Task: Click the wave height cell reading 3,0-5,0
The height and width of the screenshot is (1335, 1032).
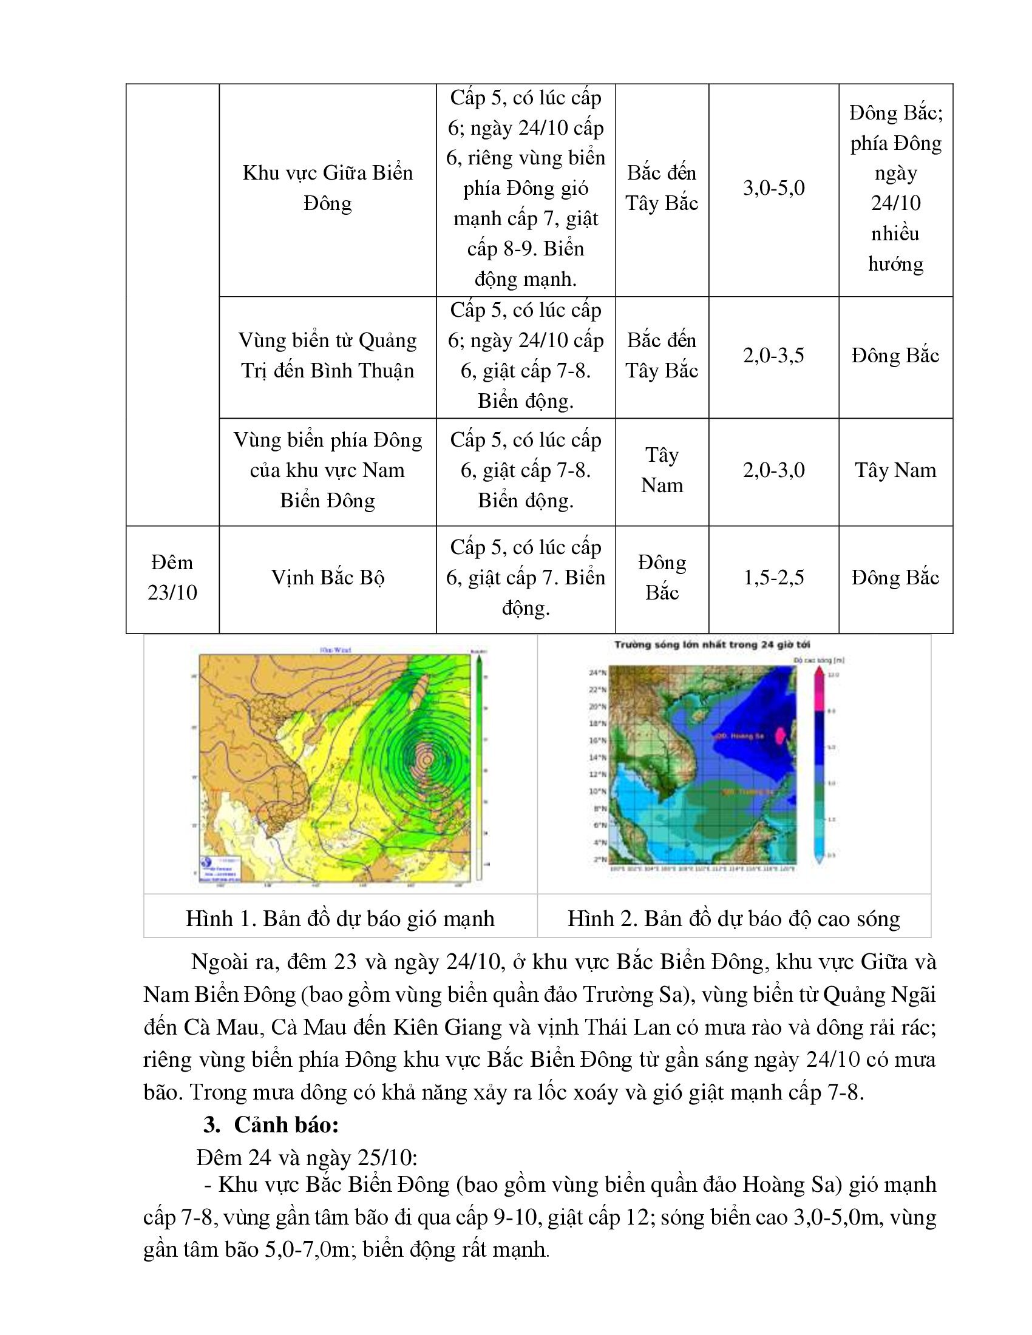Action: (773, 188)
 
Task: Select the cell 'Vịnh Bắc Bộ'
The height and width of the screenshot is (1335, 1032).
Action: (328, 578)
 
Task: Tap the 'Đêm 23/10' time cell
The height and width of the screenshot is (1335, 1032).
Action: (172, 578)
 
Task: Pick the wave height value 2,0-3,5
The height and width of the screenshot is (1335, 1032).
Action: (773, 356)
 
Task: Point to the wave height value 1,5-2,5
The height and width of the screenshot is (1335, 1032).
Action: (773, 578)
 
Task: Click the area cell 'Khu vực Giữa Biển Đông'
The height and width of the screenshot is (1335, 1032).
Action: (328, 188)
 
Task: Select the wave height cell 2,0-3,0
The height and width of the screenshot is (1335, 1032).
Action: (773, 470)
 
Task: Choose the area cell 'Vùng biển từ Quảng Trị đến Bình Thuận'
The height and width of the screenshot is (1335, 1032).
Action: (328, 356)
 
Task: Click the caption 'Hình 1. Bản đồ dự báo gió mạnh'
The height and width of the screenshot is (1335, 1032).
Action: (340, 919)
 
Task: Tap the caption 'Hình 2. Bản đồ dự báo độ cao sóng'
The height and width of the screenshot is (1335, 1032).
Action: (734, 919)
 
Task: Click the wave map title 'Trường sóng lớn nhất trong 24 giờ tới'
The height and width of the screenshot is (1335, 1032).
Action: (712, 644)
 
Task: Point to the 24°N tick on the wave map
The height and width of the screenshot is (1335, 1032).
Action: (597, 673)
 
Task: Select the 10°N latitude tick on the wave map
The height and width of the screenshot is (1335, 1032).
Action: (597, 791)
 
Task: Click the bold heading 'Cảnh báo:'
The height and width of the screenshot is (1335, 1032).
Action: (285, 1125)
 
